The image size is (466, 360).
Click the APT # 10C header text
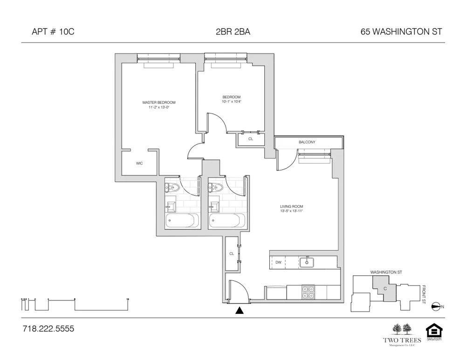(x=53, y=32)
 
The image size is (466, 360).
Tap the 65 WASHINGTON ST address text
(x=401, y=32)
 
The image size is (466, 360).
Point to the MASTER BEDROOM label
(x=159, y=102)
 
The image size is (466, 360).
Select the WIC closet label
(x=139, y=163)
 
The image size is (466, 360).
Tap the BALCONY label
(x=307, y=142)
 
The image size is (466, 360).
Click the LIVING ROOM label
(x=291, y=206)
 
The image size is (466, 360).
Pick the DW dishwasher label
(x=278, y=263)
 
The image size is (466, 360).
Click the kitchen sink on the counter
(x=307, y=262)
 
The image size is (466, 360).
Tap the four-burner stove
(x=308, y=292)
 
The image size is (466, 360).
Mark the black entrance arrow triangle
(x=240, y=311)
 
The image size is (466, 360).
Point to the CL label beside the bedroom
(x=251, y=139)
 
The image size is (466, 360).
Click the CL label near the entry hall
(x=231, y=254)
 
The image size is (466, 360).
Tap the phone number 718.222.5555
(x=48, y=329)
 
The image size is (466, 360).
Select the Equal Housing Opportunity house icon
(x=434, y=332)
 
